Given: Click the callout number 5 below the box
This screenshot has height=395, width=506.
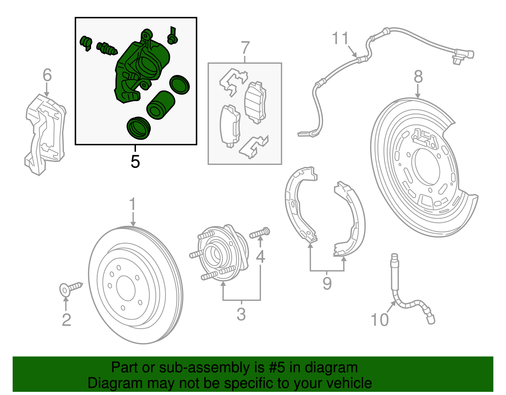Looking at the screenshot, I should click(x=135, y=162).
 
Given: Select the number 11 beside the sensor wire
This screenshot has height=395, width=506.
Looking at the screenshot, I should click(x=340, y=39).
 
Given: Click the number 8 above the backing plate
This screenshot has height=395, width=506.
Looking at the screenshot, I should click(x=418, y=77).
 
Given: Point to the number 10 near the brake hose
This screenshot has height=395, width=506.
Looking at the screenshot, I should click(x=379, y=320).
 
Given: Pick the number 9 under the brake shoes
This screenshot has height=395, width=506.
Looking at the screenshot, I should click(x=327, y=283).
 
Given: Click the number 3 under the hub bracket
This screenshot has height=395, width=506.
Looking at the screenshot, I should click(x=241, y=314).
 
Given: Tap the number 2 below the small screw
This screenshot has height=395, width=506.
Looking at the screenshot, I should click(x=66, y=320).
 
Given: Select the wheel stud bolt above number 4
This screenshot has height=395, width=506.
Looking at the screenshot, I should click(x=260, y=234).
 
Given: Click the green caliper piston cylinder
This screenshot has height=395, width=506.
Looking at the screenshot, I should click(x=161, y=105).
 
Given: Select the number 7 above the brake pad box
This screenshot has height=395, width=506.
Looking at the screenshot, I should click(x=245, y=48).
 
